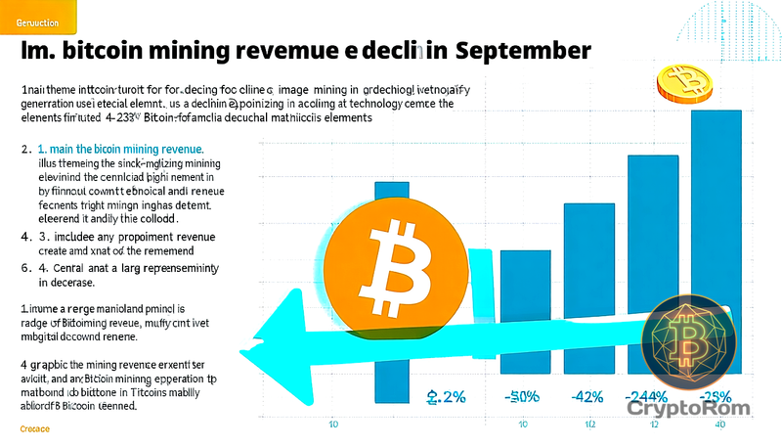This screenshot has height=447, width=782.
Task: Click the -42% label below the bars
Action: (587, 397)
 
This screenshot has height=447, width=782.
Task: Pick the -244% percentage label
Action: (647, 397)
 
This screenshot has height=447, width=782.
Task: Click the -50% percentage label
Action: (524, 397)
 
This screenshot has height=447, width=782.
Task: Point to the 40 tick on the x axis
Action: (719, 424)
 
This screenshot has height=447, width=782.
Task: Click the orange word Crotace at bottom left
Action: (35, 429)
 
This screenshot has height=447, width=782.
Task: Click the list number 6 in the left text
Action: (25, 267)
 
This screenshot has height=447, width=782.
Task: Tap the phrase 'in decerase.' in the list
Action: (66, 283)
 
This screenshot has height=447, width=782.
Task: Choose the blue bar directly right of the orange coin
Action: (524, 313)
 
